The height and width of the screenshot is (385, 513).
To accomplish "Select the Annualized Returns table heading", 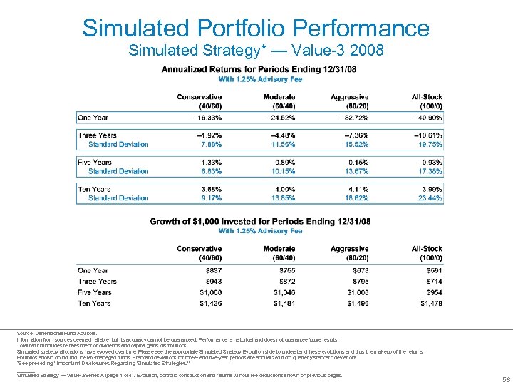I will [x=259, y=69].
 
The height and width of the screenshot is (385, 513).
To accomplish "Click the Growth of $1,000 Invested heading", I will [x=259, y=222].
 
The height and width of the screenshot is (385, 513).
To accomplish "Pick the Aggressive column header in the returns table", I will [x=349, y=97].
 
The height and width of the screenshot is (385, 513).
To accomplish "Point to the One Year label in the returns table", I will [x=93, y=118].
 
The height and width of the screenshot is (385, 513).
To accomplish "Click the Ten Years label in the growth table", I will [x=94, y=303].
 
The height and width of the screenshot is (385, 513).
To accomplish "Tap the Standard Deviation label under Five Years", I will [x=118, y=171].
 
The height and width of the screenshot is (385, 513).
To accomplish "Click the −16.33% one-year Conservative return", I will [x=204, y=118].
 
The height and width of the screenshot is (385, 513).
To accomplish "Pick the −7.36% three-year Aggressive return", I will [x=353, y=135].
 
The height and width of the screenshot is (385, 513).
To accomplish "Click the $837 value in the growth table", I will [x=212, y=271].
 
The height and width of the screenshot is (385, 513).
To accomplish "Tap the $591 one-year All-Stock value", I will [x=432, y=271].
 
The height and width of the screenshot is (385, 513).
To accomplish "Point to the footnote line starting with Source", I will [x=57, y=334].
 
